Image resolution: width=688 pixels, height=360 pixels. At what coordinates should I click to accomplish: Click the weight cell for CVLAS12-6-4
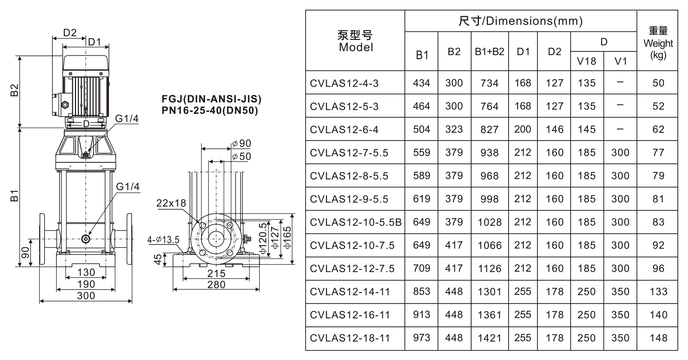coord(658,130)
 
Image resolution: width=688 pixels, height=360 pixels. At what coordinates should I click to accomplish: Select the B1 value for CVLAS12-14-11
coord(421,291)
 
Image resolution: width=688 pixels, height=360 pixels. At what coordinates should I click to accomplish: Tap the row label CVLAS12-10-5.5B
coord(356,222)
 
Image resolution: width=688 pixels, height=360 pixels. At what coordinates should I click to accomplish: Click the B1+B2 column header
coord(489,52)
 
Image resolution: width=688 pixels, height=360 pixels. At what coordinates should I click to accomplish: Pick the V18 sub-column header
coord(586,61)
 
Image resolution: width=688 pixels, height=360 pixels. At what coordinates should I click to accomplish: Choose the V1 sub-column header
coord(620,61)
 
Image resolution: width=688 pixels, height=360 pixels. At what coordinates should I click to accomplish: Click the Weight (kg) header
coord(658,43)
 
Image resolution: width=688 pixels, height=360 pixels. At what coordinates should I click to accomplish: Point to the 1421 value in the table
coord(489,338)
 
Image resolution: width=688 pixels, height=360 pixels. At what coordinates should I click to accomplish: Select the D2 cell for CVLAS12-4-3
coord(555,83)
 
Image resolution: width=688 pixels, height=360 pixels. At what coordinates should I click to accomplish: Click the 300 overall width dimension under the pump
coord(86,296)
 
